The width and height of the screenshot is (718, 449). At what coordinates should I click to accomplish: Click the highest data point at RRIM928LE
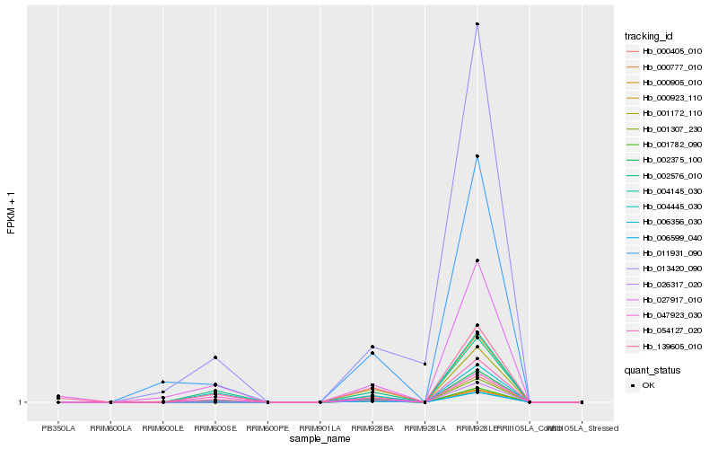477,24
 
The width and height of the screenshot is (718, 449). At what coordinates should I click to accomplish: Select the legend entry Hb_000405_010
667,52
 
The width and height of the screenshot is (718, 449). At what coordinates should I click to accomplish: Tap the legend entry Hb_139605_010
667,346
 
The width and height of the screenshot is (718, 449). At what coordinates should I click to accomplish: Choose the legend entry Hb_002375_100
667,160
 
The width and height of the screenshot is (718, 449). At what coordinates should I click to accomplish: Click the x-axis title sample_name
320,439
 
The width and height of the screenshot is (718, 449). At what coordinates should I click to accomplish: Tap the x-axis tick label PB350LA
58,427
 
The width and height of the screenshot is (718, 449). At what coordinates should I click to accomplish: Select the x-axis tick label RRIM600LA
110,427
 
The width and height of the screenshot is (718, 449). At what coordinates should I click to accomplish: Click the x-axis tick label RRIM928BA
372,427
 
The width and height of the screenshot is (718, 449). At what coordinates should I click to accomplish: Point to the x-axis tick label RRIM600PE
267,427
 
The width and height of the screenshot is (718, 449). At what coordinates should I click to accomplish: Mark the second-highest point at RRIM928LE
477,156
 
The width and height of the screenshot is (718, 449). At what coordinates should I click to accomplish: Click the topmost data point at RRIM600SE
215,357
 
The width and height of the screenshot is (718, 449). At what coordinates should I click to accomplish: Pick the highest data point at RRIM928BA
372,347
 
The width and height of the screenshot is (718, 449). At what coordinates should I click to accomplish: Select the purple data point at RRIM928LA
425,364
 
